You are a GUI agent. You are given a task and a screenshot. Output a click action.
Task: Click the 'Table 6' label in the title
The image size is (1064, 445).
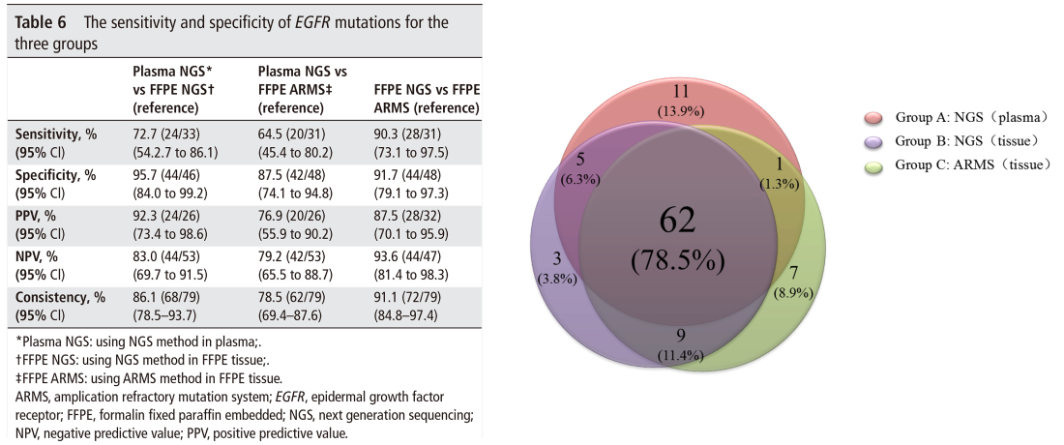tap(40, 22)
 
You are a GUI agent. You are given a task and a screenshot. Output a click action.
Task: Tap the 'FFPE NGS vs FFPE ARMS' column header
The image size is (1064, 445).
tap(427, 99)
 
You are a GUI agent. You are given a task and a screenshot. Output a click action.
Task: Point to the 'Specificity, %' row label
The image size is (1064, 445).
tap(55, 175)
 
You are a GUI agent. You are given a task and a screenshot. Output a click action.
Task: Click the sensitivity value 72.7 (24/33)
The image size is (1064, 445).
tap(164, 134)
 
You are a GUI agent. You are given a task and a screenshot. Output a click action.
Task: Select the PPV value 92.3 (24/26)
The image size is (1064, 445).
tap(164, 216)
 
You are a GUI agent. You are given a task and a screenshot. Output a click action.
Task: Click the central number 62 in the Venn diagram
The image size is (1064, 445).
tap(677, 222)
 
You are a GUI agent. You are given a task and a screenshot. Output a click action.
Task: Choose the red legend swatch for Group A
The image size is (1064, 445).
tap(873, 118)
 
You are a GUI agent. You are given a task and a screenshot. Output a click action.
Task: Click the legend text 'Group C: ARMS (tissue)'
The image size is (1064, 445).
tap(972, 164)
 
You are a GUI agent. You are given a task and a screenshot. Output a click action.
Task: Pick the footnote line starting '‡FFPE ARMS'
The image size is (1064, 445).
tap(148, 378)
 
